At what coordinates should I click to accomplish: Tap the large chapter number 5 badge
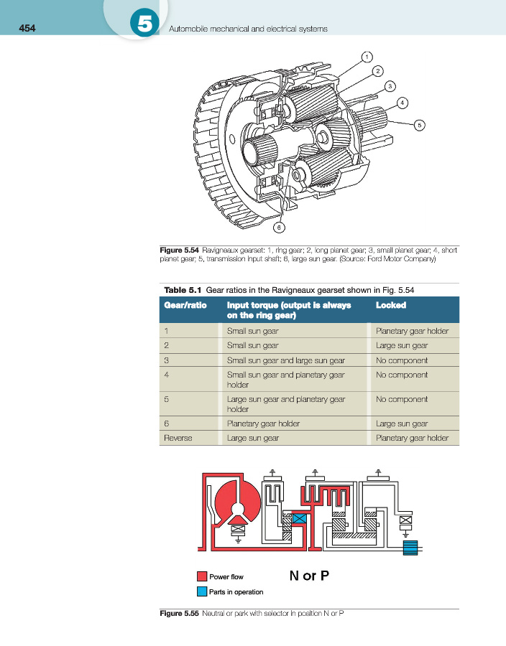pos(144,24)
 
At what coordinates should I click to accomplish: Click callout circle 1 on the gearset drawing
pos(367,56)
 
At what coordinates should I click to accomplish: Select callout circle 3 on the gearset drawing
pos(390,86)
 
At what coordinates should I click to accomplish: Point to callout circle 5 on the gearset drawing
pos(420,123)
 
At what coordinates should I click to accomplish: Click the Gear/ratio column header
pos(185,305)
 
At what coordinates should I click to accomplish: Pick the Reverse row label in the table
pos(178,438)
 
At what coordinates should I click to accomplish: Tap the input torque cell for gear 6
pos(263,423)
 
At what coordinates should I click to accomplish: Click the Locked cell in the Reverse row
pos(412,438)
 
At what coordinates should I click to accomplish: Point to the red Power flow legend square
pos(202,576)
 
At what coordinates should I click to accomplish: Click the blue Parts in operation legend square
pos(202,591)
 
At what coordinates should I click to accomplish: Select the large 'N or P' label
pos(309,576)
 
